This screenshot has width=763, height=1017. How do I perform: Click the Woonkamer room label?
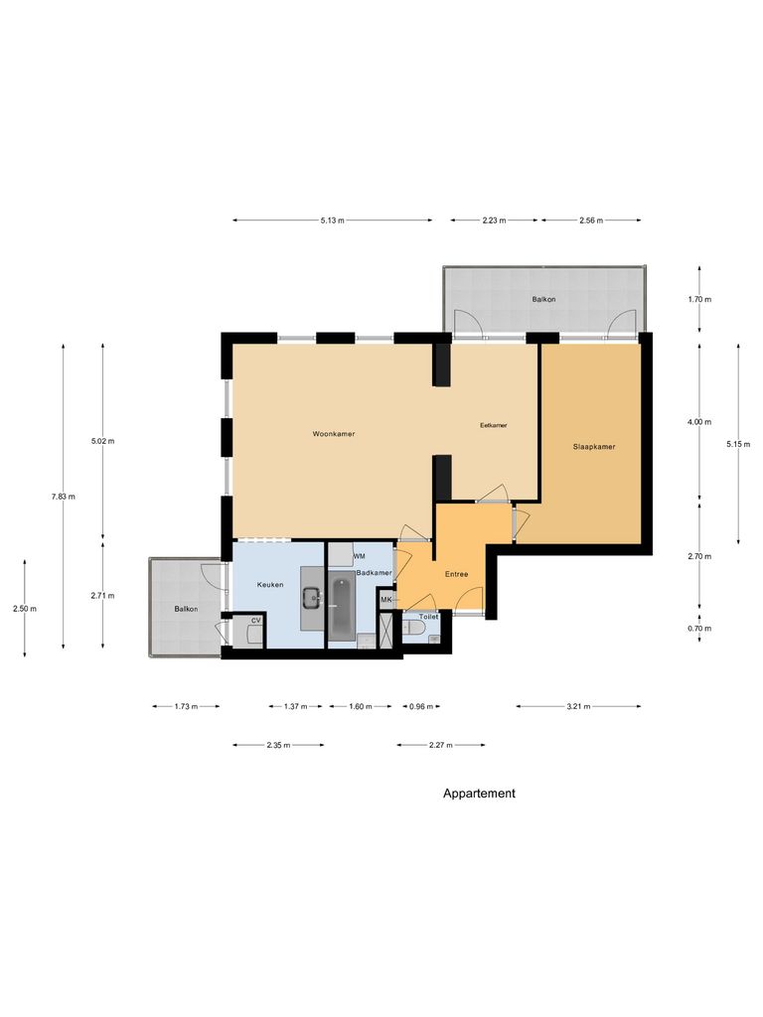(x=334, y=435)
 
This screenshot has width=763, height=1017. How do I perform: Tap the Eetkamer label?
(x=493, y=425)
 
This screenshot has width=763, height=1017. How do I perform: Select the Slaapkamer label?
(x=594, y=447)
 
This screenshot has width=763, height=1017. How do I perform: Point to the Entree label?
(x=456, y=574)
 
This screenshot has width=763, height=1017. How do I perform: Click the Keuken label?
(x=270, y=585)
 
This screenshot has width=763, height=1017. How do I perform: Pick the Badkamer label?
(x=375, y=573)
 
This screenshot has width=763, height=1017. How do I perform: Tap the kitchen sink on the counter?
(x=311, y=597)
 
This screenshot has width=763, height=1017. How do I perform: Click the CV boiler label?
(x=255, y=621)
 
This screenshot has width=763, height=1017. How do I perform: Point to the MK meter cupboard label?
(x=385, y=600)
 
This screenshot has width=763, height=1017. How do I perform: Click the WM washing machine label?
(x=359, y=555)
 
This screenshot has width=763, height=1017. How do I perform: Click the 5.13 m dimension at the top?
(x=333, y=220)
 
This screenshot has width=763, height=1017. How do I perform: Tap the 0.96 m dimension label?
(x=424, y=707)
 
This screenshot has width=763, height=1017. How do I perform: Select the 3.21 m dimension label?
(x=578, y=707)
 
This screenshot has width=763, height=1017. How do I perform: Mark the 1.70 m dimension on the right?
(x=700, y=299)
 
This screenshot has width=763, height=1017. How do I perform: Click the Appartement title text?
(x=479, y=794)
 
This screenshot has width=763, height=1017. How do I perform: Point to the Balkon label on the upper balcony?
(x=543, y=299)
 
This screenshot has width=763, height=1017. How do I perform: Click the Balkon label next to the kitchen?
(x=185, y=609)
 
